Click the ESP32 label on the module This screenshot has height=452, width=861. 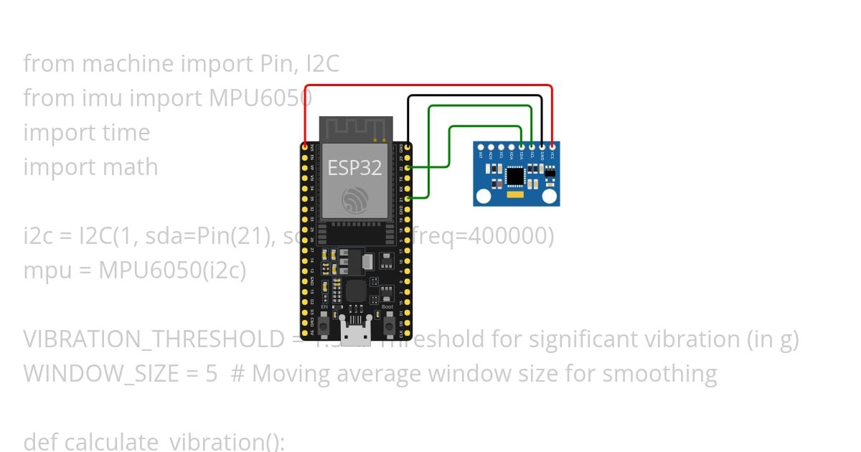click(354, 168)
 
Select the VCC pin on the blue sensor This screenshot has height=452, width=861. click(552, 146)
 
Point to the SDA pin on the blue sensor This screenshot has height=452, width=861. click(521, 146)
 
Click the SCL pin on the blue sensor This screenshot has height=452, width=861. click(532, 146)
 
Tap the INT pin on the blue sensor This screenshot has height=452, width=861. click(481, 146)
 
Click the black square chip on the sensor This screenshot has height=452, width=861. click(515, 176)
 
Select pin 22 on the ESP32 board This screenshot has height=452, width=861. click(408, 167)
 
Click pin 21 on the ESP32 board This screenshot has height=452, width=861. click(408, 198)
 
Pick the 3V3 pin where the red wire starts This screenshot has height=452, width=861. click(305, 146)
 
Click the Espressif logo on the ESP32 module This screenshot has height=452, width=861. click(354, 200)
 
